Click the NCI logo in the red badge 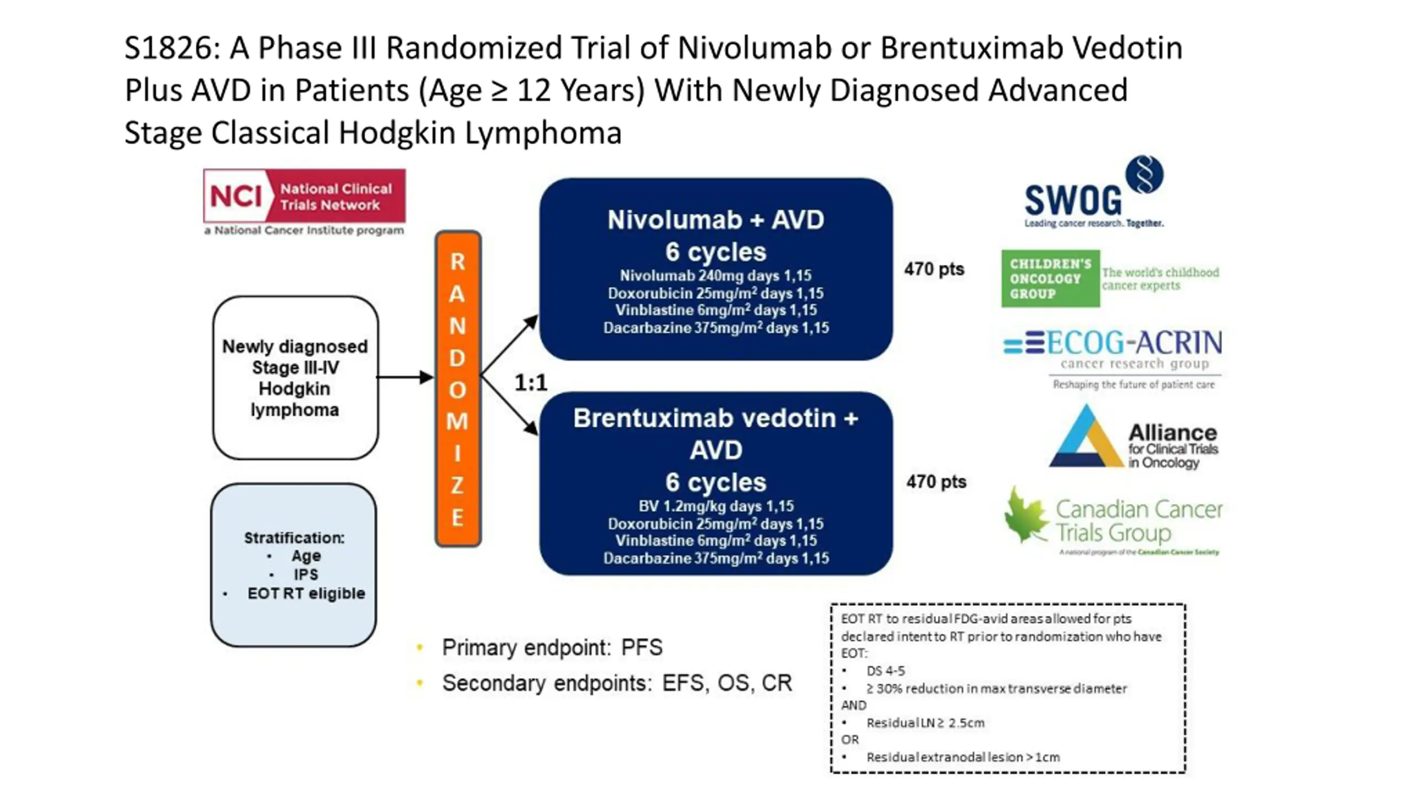tap(237, 196)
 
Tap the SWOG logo tap(1073, 200)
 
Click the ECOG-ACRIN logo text tap(1133, 343)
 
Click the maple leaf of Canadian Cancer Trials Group tap(1025, 515)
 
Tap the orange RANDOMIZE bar tap(458, 389)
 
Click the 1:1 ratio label tap(531, 383)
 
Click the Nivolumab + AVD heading tap(716, 220)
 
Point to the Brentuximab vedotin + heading tap(716, 418)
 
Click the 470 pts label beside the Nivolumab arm tap(934, 269)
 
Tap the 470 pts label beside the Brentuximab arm tap(936, 482)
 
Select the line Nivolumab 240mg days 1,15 tap(716, 276)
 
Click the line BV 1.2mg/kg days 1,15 tap(716, 506)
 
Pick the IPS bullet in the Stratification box tap(306, 574)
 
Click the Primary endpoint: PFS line tap(552, 647)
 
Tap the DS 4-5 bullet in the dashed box tap(885, 671)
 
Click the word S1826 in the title tap(169, 48)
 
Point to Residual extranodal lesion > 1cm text tap(963, 757)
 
